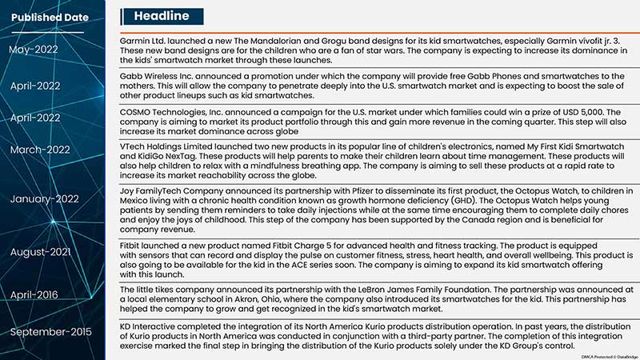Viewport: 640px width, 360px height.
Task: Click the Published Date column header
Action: click(x=50, y=17)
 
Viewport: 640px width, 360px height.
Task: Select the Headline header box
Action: click(x=162, y=16)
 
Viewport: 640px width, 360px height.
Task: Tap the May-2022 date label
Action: click(x=34, y=50)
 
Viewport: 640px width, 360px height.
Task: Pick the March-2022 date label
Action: click(x=40, y=150)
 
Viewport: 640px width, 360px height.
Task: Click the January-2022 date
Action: click(x=46, y=198)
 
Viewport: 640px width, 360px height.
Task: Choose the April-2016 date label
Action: click(x=34, y=294)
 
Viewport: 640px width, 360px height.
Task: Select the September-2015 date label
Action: click(x=51, y=331)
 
